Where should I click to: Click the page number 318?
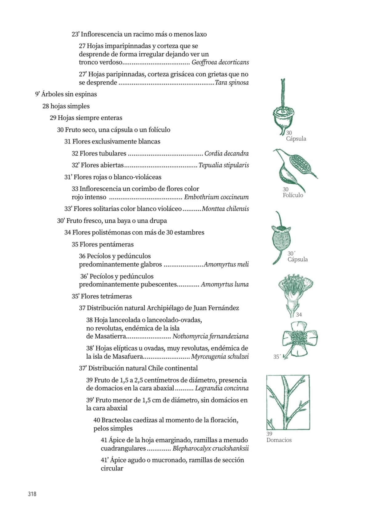tap(32, 494)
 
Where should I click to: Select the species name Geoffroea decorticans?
tap(220, 62)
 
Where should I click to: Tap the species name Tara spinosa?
tap(232, 82)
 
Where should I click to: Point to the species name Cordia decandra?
tap(226, 153)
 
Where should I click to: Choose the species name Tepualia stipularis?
tap(224, 165)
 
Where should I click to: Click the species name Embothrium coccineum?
tap(216, 197)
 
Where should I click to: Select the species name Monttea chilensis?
tap(225, 209)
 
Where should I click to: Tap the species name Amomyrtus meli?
tap(226, 264)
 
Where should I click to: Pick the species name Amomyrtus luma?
tap(225, 284)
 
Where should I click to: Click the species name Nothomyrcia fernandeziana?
tap(211, 336)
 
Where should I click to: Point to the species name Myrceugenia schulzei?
tap(220, 356)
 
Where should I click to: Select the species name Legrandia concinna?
tap(222, 388)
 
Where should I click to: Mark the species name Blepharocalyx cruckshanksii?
tap(211, 448)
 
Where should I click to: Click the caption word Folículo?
tap(293, 195)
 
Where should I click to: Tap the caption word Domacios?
tap(279, 440)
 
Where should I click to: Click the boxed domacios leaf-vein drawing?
tap(288, 402)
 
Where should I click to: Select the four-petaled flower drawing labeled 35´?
tap(299, 339)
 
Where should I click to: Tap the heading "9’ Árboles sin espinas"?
tap(66, 94)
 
